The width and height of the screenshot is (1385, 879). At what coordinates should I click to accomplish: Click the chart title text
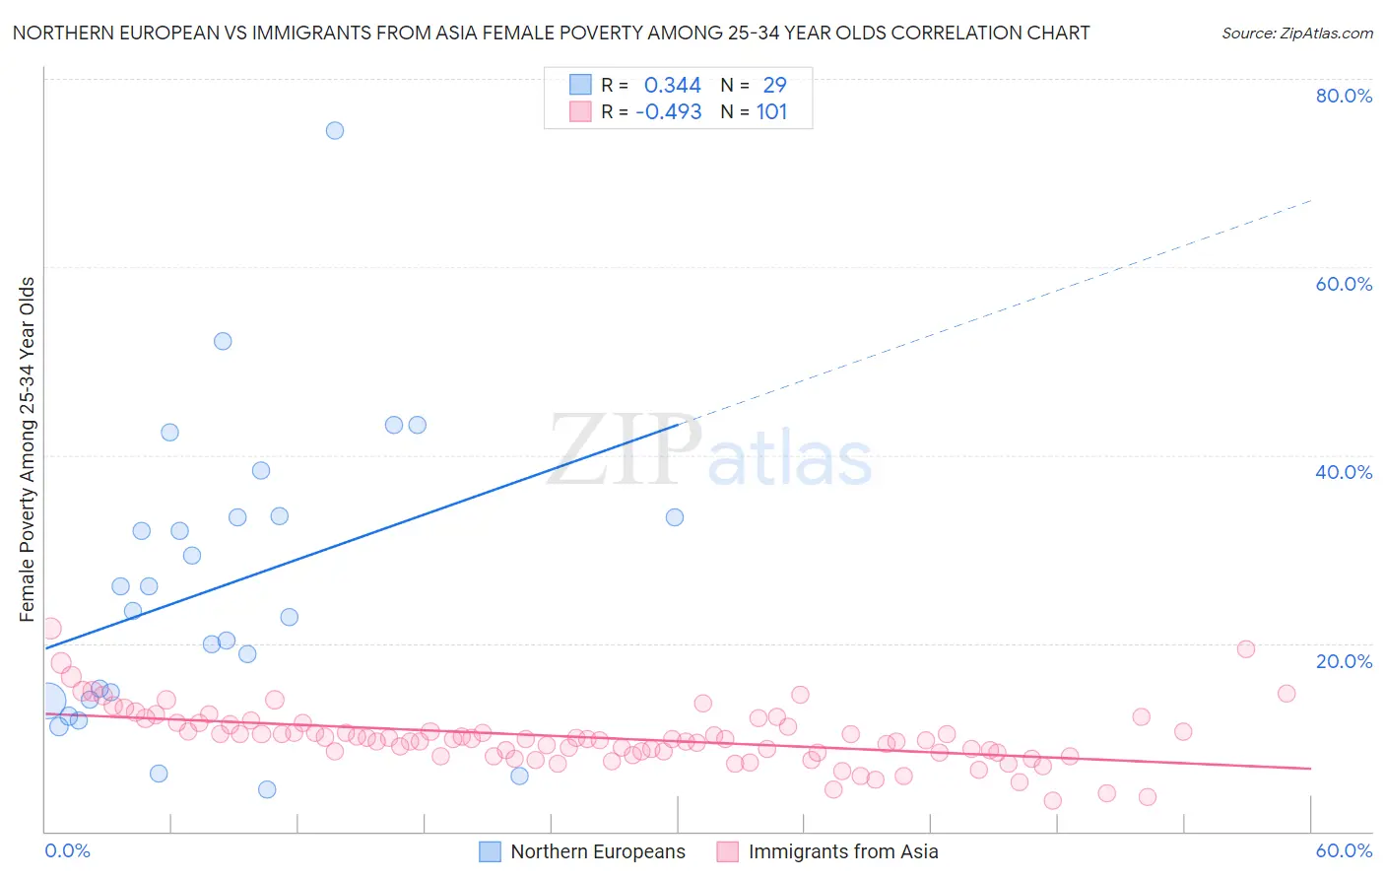point(551,33)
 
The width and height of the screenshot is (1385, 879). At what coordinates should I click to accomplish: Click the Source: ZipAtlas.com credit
point(1296,33)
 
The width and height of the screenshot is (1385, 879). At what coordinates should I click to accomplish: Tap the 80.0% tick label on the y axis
point(1344,96)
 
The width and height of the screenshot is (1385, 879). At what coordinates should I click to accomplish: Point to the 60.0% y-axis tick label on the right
point(1344,284)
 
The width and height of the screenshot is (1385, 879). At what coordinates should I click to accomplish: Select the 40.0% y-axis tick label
point(1344,472)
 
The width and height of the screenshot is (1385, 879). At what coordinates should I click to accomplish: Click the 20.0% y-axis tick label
point(1344,661)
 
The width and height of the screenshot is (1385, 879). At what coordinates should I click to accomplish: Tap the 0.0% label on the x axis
point(67,850)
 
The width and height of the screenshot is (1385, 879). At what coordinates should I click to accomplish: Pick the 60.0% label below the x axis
point(1344,850)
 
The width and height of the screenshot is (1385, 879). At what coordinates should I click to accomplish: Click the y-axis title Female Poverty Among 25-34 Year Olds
point(28,449)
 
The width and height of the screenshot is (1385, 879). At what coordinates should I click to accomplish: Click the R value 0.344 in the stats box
point(672,86)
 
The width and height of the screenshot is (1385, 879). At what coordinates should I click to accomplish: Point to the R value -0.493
point(668,112)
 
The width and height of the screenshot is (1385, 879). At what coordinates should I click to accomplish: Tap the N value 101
point(771,112)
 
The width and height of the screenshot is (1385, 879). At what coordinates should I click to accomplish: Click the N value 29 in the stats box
point(774,86)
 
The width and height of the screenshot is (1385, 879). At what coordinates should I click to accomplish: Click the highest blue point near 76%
point(335,130)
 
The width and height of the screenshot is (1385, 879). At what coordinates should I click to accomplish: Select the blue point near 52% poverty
point(223,341)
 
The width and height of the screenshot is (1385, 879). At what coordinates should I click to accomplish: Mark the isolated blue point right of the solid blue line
point(675,517)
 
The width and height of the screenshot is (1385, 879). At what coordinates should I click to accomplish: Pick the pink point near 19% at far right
point(1246,648)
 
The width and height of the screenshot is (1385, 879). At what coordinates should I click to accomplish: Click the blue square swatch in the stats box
point(581,86)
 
